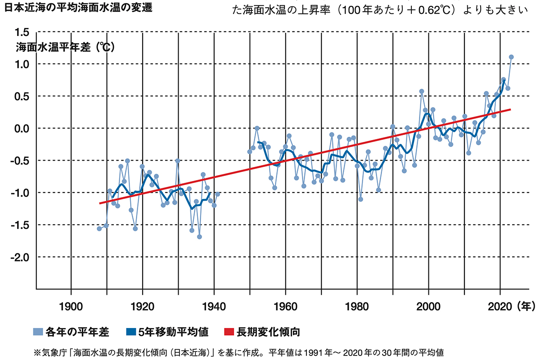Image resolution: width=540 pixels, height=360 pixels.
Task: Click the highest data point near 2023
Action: [x=511, y=57]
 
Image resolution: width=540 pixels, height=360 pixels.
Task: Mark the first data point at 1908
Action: [x=99, y=229]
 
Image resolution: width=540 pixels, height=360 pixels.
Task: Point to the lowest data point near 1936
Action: [x=199, y=237]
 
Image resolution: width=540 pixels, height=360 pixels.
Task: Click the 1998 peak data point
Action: [x=422, y=91]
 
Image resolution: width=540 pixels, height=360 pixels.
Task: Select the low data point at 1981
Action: [x=360, y=199]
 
